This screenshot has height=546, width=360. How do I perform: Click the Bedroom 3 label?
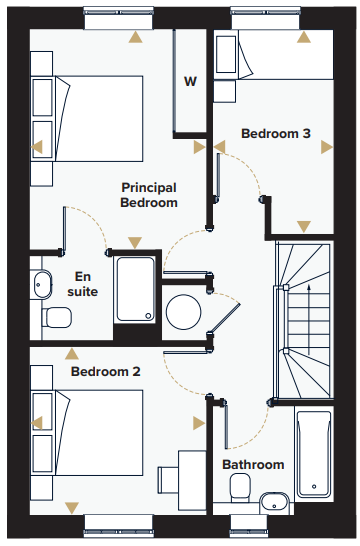pyautogui.click(x=276, y=133)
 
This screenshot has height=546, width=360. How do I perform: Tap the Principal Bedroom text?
pyautogui.click(x=149, y=195)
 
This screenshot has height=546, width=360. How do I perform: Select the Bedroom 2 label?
pyautogui.click(x=105, y=372)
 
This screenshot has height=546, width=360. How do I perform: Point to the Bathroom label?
pyautogui.click(x=253, y=465)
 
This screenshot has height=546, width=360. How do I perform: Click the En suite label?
pyautogui.click(x=83, y=284)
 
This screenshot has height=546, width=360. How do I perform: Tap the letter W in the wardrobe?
pyautogui.click(x=190, y=81)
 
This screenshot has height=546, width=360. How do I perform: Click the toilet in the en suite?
pyautogui.click(x=57, y=317)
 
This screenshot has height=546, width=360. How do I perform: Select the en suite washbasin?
pyautogui.click(x=42, y=284)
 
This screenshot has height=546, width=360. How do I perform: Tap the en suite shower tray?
pyautogui.click(x=135, y=289)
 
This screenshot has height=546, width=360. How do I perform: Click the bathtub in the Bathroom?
pyautogui.click(x=314, y=454)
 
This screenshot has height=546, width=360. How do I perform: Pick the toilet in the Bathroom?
pyautogui.click(x=240, y=488)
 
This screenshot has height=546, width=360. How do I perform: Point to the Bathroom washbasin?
pyautogui.click(x=274, y=503)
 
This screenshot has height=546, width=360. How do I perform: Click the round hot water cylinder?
pyautogui.click(x=183, y=312)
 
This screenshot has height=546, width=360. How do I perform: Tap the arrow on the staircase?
pyautogui.click(x=308, y=319)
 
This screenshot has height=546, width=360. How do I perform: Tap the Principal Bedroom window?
pyautogui.click(x=118, y=17)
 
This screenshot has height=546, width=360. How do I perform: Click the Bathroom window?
pyautogui.click(x=249, y=526)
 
